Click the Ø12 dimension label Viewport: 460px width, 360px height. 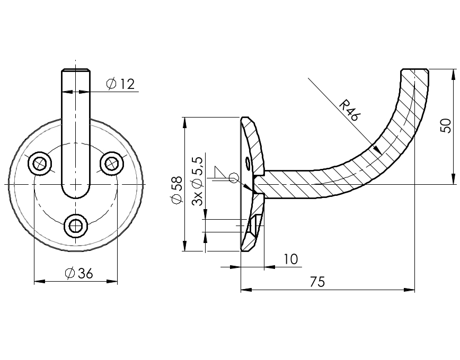120,84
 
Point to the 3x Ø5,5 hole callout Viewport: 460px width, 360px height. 198,181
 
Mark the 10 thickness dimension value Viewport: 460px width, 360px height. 290,259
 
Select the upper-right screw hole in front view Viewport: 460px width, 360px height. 111,163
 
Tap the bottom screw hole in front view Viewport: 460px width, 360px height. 76,226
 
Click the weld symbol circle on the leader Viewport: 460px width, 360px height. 233,178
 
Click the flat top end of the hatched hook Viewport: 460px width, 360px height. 414,70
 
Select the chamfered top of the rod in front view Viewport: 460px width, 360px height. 76,70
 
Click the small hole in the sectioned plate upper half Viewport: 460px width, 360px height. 247,163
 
